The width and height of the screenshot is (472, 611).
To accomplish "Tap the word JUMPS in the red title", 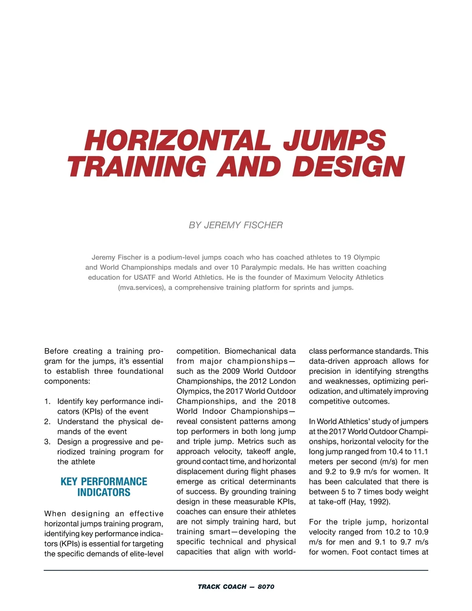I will [x=334, y=140].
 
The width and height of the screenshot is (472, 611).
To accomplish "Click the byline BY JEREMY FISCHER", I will [x=236, y=225].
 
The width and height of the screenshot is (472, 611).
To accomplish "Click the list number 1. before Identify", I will [x=48, y=401].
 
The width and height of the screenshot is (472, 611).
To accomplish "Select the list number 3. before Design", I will [x=48, y=441].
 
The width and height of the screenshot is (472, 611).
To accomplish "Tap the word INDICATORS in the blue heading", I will [x=104, y=493].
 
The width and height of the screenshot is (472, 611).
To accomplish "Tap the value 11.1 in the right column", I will [x=420, y=451].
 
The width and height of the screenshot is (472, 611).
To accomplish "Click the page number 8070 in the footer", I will [x=266, y=587].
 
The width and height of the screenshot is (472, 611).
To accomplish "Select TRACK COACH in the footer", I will [x=222, y=587].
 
